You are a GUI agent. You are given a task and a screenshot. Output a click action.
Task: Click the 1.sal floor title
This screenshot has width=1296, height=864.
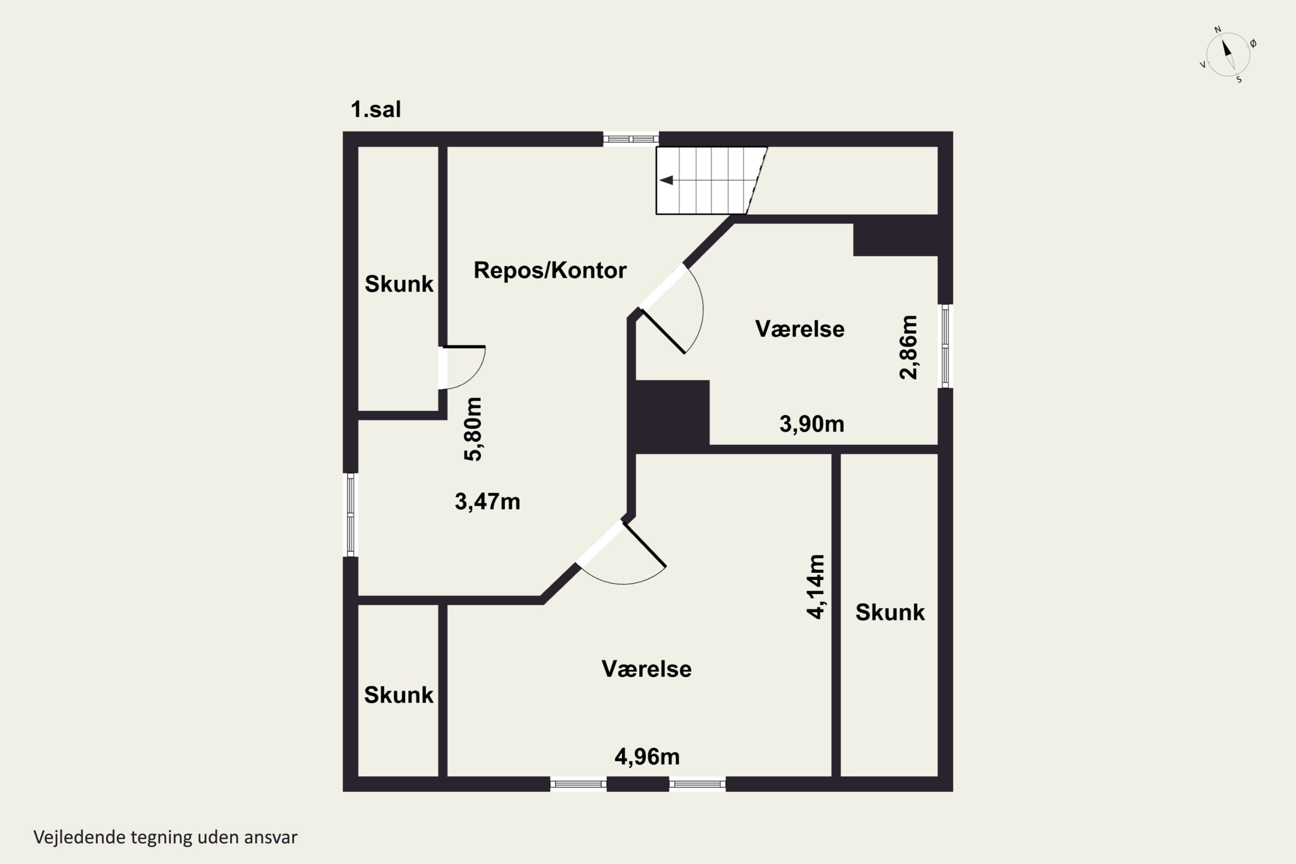376,110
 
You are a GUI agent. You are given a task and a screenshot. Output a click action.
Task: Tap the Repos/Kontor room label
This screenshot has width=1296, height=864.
550,270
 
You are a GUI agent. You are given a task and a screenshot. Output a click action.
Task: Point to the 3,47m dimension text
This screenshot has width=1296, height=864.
487,502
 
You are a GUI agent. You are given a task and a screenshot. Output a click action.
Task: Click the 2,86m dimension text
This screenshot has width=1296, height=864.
908,347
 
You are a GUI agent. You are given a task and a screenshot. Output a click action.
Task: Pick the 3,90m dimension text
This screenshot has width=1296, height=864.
812,424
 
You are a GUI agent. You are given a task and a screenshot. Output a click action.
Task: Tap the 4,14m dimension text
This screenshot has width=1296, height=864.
816,587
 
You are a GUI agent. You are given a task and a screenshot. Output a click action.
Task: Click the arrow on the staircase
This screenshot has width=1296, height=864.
666,180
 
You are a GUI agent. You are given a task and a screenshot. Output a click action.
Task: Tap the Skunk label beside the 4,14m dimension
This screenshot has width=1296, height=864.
890,613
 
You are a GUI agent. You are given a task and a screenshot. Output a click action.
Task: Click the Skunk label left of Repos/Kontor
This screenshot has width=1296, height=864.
399,284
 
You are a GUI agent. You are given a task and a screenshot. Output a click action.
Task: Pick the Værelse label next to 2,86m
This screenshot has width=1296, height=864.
800,329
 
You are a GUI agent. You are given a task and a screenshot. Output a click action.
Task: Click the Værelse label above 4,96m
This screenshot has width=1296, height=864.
646,669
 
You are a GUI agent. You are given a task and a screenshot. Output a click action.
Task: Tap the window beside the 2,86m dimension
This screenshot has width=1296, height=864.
945,346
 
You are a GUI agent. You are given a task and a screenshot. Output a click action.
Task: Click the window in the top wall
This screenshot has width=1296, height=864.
631,139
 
